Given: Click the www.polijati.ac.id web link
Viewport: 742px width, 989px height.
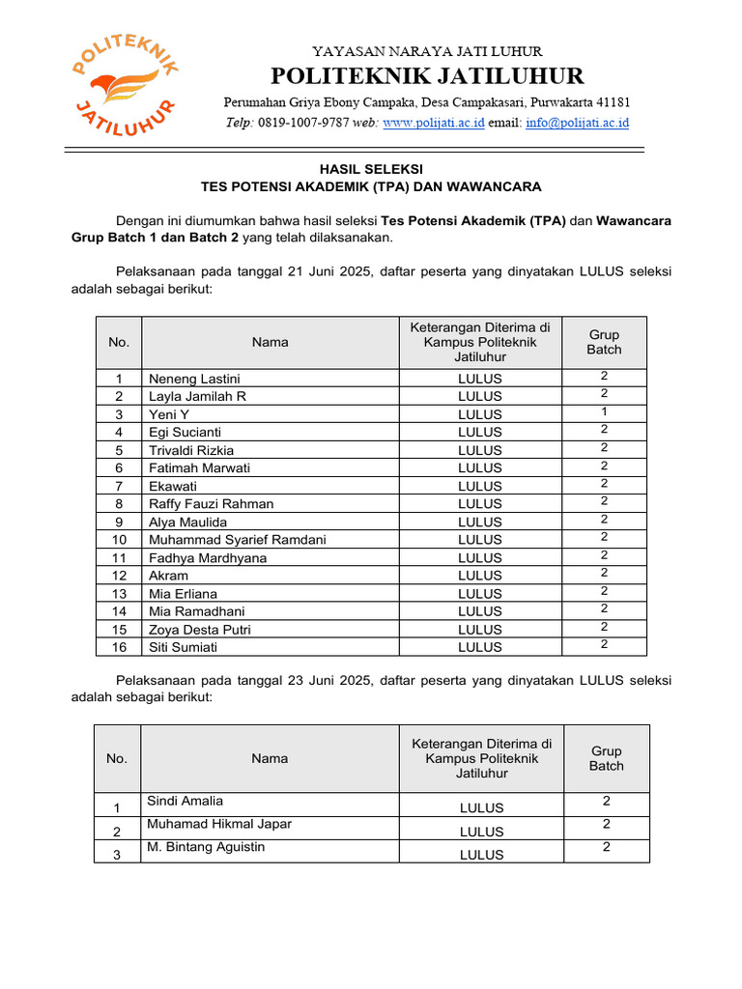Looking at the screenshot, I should coord(434,124).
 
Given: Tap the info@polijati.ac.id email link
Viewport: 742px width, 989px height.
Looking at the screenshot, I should coord(577,124).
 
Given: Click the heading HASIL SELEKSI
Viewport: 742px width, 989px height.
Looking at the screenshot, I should coord(371,168).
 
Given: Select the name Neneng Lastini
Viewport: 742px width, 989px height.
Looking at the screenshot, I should coord(194,379).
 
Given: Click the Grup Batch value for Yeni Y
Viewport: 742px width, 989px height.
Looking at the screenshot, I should coord(604,411).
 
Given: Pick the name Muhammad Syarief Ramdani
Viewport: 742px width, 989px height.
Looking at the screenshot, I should coord(237,540).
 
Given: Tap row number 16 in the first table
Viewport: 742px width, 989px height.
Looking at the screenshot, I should coord(119,647).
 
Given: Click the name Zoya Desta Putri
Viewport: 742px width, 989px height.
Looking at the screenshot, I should coord(200,630).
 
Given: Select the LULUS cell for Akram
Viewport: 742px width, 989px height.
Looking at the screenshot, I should coord(480,576).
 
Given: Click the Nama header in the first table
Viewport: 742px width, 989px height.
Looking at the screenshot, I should coord(270,342).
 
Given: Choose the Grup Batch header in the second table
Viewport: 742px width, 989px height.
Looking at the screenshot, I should coord(606,758).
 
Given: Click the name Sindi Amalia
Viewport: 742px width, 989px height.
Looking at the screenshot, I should coord(185,801).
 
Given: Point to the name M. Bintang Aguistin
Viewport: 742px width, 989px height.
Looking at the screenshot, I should coord(206,847).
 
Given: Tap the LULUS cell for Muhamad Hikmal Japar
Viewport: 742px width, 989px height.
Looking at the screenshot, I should coord(481,832).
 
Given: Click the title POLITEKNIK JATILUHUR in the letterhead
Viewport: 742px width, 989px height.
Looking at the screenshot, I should coord(426,76).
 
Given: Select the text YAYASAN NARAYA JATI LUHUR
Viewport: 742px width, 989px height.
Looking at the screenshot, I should coord(426,51).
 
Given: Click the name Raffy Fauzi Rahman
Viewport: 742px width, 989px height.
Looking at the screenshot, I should coord(211,504).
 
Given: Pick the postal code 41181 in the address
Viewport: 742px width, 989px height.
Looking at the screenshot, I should coord(611,102).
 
